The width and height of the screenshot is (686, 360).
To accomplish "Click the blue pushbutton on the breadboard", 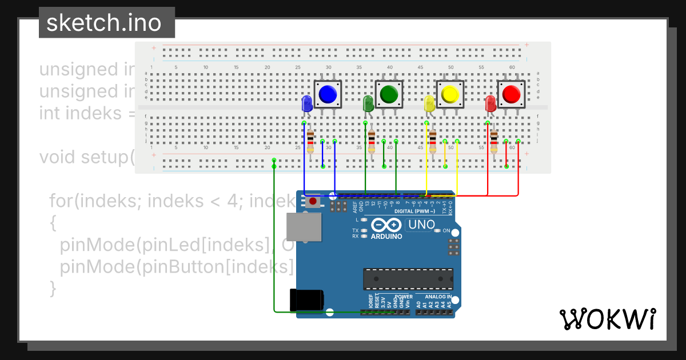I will point(328,94).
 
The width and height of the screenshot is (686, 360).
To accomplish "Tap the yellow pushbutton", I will point(450,94).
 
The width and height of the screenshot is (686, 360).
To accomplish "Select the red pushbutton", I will point(512,94).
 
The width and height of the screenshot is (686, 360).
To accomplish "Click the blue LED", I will point(306,104).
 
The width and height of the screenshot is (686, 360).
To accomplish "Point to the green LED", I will point(368,104).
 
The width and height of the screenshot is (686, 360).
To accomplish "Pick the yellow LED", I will point(429,104).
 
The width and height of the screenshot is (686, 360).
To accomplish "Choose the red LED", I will point(490,104).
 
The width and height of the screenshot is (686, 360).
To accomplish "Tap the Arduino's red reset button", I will point(313,201).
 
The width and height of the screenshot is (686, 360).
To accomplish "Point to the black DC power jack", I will point(306,300).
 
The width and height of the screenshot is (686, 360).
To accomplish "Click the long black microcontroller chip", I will point(408,278).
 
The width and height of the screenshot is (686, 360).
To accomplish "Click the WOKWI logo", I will point(607,319).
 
